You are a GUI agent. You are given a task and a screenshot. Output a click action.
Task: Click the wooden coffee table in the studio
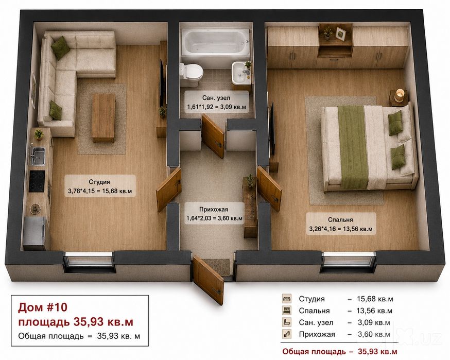pos(103,118)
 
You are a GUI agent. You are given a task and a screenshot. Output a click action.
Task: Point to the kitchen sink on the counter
pos(38,156)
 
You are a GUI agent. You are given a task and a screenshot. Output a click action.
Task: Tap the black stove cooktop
pos(37,181)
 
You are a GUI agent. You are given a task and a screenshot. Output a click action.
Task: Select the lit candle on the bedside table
pos(400,95)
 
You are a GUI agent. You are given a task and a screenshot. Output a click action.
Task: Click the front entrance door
pos(208,280)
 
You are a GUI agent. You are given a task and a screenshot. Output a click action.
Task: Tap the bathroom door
pos(213,136)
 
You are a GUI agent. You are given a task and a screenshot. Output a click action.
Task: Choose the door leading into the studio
pos(169,190)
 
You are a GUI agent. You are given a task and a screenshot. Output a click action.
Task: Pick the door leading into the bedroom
pos(269,189)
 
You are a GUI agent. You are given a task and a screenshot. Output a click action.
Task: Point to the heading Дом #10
pos(43,307)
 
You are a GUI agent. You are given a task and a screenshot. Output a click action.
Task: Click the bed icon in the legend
pos(287,311)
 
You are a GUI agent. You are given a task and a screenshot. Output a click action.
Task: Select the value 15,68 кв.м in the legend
pos(375,299)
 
